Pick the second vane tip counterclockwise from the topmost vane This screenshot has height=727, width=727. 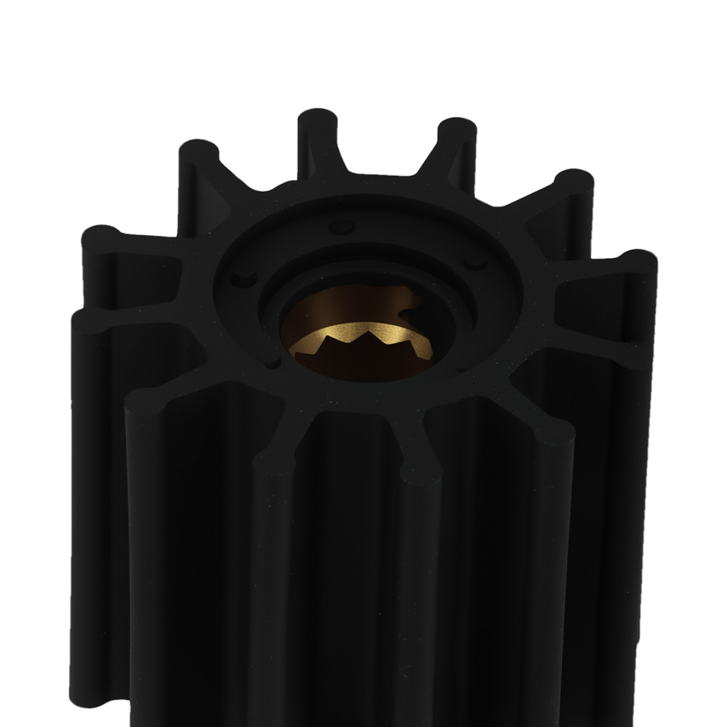[x=102, y=238]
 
